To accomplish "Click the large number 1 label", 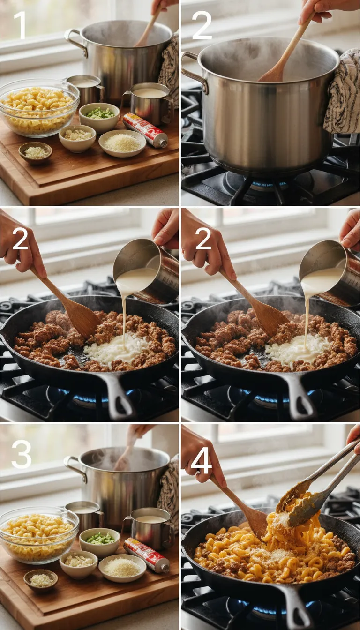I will [x=20, y=25].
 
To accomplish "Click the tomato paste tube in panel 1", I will [x=145, y=130].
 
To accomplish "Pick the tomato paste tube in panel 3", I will [x=146, y=555].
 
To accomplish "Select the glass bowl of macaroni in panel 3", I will [x=38, y=534].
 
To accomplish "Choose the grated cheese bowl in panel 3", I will [x=122, y=568].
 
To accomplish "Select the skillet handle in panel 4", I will [x=300, y=609].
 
